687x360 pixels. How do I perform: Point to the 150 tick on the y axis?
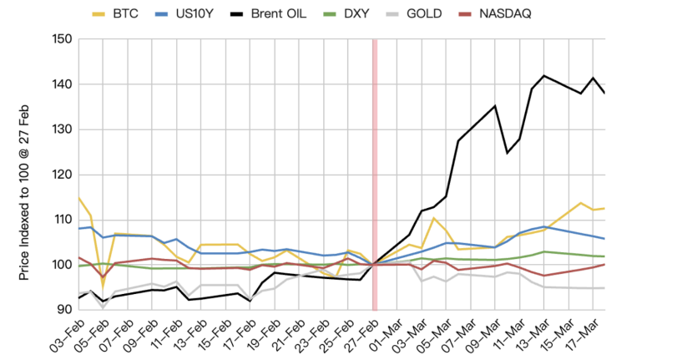(61, 39)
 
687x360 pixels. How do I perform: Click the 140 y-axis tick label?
(61, 84)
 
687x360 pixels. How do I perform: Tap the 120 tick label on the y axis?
(61, 175)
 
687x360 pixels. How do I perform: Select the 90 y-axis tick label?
(64, 310)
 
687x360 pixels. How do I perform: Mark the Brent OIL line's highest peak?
(544, 76)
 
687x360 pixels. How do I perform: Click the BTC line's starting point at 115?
(78, 197)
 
